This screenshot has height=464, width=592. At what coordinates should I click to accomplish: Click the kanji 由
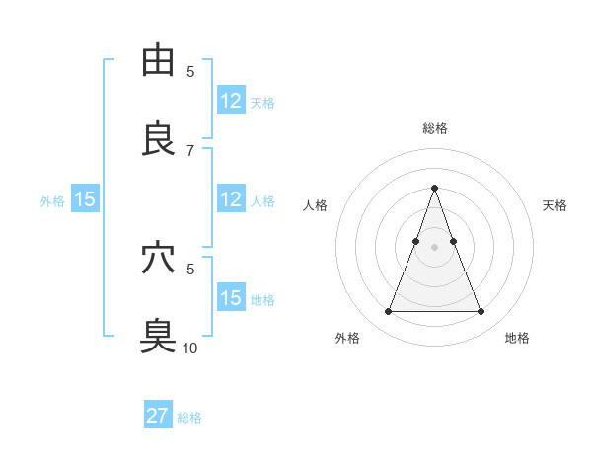pos(158,61)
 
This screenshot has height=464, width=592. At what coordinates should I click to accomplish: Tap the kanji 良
pos(158,139)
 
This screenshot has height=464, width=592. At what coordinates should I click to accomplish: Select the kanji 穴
pos(158,259)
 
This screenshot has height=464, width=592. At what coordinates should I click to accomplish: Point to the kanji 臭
pos(158,337)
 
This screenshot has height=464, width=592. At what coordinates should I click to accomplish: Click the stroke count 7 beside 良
pos(190,150)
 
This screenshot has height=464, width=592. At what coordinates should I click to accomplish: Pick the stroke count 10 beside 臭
pos(190,348)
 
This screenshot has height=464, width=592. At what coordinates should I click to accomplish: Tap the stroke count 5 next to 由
pos(190,71)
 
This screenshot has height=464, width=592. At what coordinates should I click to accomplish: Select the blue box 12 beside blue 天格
pos(231,101)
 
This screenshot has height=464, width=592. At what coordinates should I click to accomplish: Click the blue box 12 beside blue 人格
pos(231,199)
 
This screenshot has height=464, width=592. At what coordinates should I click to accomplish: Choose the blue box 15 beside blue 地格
pos(231,298)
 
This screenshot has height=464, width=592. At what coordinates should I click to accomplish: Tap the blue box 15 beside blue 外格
pos(85,199)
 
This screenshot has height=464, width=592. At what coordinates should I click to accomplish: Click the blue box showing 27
pos(158,416)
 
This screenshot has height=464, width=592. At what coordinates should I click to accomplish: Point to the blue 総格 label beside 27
pos(189,418)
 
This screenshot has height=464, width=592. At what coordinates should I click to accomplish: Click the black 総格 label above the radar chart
pos(434,128)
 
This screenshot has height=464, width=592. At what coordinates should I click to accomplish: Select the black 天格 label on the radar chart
pos(555,205)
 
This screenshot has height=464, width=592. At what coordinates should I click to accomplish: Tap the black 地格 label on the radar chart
pos(517,339)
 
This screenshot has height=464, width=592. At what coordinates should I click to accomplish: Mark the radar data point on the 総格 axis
pos(434,188)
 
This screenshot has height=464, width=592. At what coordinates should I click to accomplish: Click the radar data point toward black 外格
pos(388,312)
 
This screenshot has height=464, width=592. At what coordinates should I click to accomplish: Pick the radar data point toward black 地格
pos(481,312)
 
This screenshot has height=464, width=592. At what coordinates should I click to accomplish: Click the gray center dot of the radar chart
pos(434,247)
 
